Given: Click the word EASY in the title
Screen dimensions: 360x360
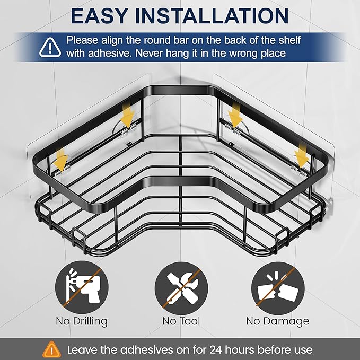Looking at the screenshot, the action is click(x=100, y=16).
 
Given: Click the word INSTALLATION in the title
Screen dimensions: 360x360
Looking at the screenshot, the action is click(x=212, y=16).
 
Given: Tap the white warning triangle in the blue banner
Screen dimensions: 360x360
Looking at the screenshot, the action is click(x=50, y=48).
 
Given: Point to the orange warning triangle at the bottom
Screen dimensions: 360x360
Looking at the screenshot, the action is click(x=52, y=349).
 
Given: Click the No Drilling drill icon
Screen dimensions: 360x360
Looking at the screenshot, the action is click(x=82, y=287).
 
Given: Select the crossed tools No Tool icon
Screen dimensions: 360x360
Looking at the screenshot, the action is click(x=181, y=288).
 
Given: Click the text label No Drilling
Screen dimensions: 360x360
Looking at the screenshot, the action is click(x=82, y=321).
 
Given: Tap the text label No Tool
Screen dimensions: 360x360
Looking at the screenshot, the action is click(x=181, y=321).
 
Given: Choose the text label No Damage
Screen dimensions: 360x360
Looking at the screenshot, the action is click(x=278, y=321).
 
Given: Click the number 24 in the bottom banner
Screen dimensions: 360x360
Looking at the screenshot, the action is click(x=216, y=350).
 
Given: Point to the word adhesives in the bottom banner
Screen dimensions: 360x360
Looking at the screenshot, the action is click(x=147, y=350).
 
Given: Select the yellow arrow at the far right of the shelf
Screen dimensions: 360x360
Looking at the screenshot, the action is click(x=302, y=155).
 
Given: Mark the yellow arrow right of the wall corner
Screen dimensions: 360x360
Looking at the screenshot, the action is click(x=235, y=115).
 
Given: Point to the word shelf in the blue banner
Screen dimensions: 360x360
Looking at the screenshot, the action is click(x=289, y=40).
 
